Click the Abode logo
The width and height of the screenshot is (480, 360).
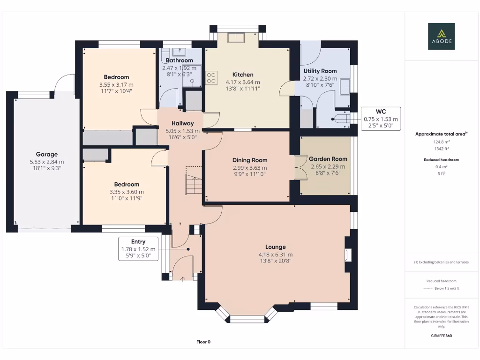coord(441,37)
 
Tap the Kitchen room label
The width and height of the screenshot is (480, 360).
coord(243,75)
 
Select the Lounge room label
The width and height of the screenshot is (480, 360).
coord(275,247)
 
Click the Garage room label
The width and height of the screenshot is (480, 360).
coord(47,154)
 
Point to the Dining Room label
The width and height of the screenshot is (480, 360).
coord(250,160)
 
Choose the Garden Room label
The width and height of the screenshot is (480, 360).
coord(328,159)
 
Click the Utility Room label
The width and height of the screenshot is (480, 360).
coord(320,71)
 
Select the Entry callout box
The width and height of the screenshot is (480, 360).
coord(138,248)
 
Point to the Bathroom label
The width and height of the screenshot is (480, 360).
coord(179,60)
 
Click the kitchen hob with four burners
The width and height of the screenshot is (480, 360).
coord(211,77)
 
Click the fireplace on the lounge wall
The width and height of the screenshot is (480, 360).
coord(347,255)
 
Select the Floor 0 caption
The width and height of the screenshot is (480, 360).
coord(203,342)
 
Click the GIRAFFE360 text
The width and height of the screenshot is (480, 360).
coord(441,336)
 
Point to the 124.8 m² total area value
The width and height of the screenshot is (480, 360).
coord(441,142)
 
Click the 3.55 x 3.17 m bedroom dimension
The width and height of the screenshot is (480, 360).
coord(116,84)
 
